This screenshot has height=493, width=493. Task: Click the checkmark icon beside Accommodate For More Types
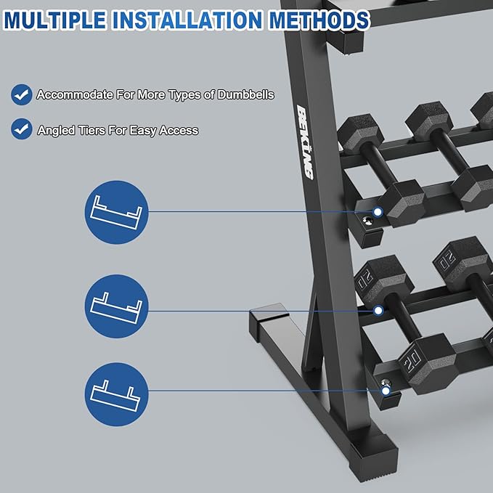[x=22, y=94]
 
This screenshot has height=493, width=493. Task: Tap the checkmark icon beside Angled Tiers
[x=22, y=130]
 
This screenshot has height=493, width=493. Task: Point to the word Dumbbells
[x=246, y=94]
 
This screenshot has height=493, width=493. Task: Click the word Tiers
[x=91, y=131]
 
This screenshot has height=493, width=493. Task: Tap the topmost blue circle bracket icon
[x=117, y=211]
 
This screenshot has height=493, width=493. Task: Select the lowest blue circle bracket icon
[x=117, y=394]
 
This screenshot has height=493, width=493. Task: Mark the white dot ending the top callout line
[x=378, y=212]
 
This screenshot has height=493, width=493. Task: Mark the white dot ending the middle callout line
[x=378, y=311]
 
